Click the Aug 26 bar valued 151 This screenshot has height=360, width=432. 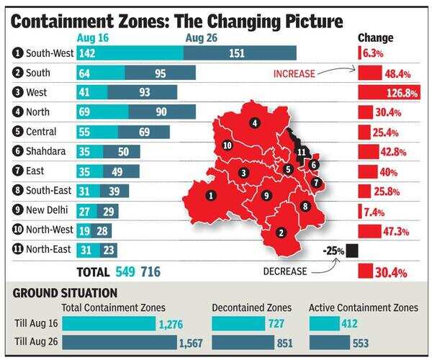[239, 53]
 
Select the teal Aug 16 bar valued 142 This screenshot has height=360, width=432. [130, 53]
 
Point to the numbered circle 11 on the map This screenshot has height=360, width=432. [302, 151]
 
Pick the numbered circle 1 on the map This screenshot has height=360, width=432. [210, 195]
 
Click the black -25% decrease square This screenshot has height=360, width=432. [351, 251]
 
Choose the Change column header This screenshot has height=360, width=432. [376, 37]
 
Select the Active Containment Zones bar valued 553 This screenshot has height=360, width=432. [330, 341]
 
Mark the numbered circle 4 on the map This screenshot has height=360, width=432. [254, 123]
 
